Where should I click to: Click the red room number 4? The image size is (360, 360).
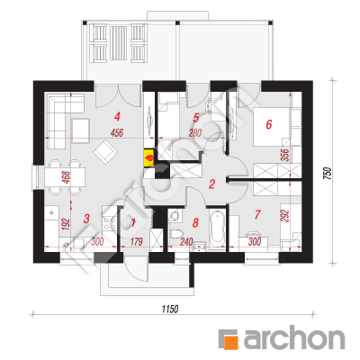tap(117, 116)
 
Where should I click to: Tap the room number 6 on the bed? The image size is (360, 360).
tap(269, 124)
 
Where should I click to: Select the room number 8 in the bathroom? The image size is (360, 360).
tap(195, 222)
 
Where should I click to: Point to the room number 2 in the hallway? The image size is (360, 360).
tap(211, 184)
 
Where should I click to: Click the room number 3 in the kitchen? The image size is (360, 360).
tap(86, 219)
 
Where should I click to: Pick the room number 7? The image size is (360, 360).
tap(257, 215)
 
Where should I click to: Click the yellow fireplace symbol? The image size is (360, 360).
tap(149, 157)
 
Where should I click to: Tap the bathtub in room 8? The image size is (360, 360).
tap(217, 229)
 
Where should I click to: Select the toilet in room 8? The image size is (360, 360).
tap(176, 233)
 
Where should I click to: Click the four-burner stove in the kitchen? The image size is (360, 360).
tap(110, 222)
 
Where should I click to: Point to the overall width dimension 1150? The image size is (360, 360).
tap(170, 309)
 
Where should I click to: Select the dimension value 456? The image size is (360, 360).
tap(117, 132)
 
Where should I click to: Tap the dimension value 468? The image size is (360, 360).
tap(67, 177)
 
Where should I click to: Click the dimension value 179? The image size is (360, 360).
tap(136, 241)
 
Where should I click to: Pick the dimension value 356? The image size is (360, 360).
tap(286, 155)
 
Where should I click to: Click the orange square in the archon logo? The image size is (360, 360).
tap(232, 342)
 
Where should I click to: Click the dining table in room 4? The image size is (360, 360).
tap(65, 177)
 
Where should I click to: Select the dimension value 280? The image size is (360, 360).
tap(195, 132)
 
